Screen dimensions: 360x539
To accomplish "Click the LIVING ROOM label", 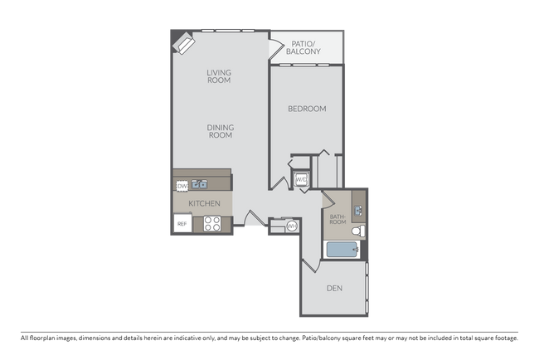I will pyautogui.click(x=219, y=77).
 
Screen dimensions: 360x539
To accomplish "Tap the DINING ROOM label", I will pyautogui.click(x=220, y=131).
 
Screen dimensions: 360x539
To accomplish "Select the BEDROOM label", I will pyautogui.click(x=307, y=109).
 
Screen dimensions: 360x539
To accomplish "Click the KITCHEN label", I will pyautogui.click(x=203, y=203).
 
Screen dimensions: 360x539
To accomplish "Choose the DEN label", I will pyautogui.click(x=334, y=289).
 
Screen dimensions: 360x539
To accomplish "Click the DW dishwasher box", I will pyautogui.click(x=182, y=186).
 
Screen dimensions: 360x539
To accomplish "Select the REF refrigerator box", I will pyautogui.click(x=182, y=224).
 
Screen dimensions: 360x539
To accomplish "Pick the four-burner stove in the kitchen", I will pyautogui.click(x=211, y=223).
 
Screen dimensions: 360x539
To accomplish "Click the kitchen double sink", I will pyautogui.click(x=200, y=184).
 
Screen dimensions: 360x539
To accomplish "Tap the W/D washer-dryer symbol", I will pyautogui.click(x=301, y=179).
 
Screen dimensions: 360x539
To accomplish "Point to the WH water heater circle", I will pyautogui.click(x=291, y=226).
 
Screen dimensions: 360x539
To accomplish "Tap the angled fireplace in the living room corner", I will pyautogui.click(x=182, y=42).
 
